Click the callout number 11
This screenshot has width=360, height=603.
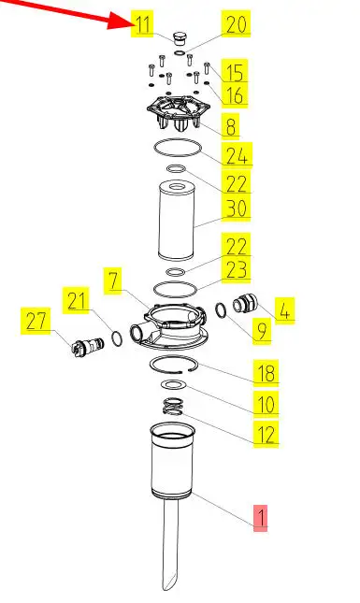tap(143, 24)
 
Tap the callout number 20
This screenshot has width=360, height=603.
tap(237, 24)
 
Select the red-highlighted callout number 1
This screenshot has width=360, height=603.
tap(261, 517)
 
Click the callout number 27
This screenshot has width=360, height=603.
tap(36, 321)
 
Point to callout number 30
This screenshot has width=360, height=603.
tap(237, 208)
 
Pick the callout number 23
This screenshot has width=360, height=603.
tap(237, 269)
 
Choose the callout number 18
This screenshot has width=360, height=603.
tap(266, 372)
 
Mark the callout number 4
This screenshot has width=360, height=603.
tap(284, 310)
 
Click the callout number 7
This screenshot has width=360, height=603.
tap(113, 280)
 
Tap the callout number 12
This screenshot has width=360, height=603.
tap(266, 434)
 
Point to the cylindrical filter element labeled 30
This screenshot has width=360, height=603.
tap(177, 221)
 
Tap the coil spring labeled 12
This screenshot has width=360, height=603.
tap(173, 407)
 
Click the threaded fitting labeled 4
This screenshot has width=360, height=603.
tap(243, 303)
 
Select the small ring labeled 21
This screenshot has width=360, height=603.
tap(117, 338)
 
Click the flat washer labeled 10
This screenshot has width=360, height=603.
tap(173, 384)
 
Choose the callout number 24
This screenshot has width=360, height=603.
tap(237, 155)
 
